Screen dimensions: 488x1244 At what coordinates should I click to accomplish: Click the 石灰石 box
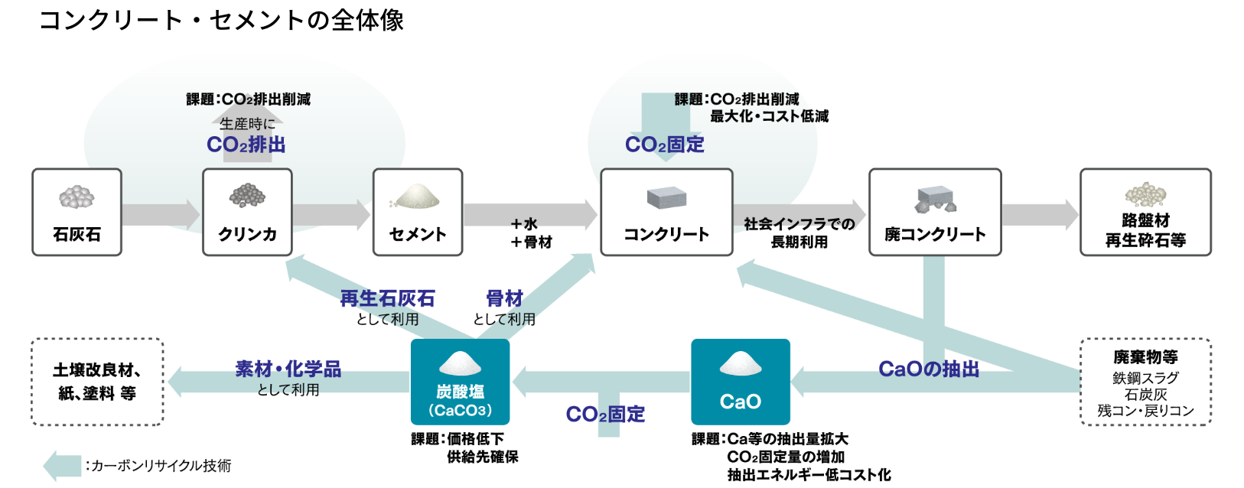(77, 212)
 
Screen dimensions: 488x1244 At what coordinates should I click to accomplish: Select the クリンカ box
(247, 212)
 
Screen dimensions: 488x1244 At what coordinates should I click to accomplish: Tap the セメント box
(418, 212)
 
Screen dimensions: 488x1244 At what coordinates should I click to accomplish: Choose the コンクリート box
(666, 212)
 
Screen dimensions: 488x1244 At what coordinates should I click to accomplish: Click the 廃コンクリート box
(935, 212)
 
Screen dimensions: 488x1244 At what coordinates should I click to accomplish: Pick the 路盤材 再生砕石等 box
(1145, 212)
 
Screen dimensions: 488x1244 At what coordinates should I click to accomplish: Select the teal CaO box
(740, 382)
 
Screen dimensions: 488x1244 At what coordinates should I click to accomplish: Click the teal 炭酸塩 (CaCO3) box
(460, 382)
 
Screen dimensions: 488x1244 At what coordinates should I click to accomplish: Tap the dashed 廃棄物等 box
(1145, 382)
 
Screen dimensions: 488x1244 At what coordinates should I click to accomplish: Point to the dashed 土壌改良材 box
(97, 382)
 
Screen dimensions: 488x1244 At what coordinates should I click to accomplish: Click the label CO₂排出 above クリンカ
(246, 145)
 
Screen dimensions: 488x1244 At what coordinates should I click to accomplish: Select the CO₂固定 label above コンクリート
(664, 145)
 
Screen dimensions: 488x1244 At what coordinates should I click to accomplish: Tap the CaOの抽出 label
(929, 369)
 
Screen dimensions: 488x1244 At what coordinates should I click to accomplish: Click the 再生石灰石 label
(387, 298)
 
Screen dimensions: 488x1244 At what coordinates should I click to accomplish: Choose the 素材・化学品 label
(288, 369)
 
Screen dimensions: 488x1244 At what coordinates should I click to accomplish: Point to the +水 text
(525, 224)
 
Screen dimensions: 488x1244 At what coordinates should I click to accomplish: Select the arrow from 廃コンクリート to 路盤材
(1040, 214)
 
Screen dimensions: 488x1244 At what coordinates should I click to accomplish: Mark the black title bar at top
(621, 28)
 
